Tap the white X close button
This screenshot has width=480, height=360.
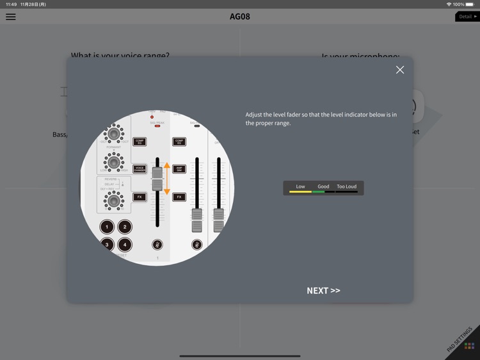click(400, 70)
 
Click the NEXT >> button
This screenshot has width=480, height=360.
click(323, 291)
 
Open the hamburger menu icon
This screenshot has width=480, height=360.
click(11, 17)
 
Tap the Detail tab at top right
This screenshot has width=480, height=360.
click(467, 17)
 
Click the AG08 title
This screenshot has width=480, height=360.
click(240, 17)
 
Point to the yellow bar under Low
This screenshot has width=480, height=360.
click(300, 192)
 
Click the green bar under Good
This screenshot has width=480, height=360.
click(319, 192)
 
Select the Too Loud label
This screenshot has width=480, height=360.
click(346, 186)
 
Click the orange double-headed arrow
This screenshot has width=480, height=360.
click(167, 179)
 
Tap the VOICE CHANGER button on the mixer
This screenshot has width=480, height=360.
click(140, 169)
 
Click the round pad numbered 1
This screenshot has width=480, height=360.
click(107, 227)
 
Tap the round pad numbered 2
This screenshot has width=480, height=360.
click(125, 227)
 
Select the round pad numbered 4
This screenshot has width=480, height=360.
click(125, 245)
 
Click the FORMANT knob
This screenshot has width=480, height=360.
click(114, 161)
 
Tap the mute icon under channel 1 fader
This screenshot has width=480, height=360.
click(157, 245)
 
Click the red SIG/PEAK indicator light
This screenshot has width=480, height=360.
click(157, 126)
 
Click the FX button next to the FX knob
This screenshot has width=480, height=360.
click(140, 197)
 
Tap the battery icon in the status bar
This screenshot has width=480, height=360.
click(470, 4)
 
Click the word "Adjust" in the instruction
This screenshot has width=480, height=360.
click(255, 115)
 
